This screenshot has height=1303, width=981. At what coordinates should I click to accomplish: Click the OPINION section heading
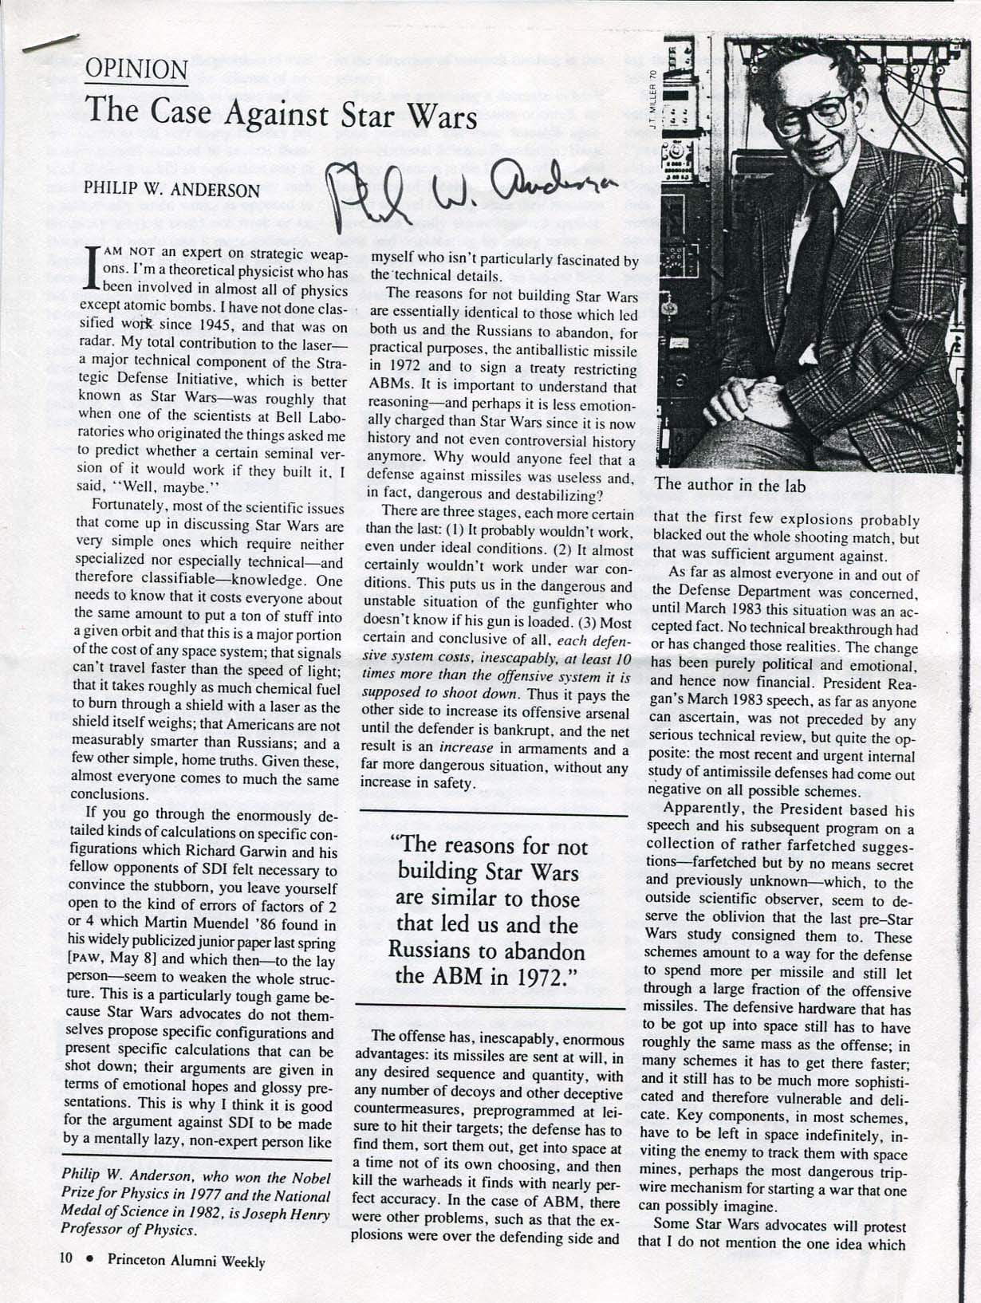(x=136, y=70)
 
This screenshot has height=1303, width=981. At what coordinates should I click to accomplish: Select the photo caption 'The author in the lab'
(x=730, y=485)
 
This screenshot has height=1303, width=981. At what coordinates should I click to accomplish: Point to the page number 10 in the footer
(x=66, y=1261)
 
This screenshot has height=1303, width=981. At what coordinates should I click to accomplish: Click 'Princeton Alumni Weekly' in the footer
(x=187, y=1261)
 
